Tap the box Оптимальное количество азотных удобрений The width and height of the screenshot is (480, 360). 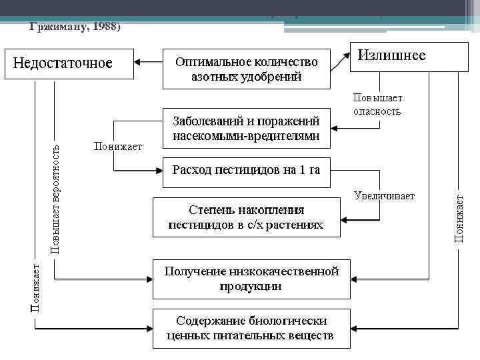(x=247, y=69)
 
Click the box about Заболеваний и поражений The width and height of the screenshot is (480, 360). (x=247, y=129)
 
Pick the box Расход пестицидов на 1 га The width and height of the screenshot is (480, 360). (x=247, y=171)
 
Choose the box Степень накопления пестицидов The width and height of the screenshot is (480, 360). (x=247, y=217)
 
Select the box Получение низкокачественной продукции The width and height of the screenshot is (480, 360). (x=251, y=279)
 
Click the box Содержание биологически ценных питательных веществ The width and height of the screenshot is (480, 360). (x=251, y=328)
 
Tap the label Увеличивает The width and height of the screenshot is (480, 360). (x=384, y=196)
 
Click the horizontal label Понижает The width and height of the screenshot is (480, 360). (x=118, y=147)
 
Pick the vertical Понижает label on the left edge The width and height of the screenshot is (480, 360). (x=35, y=287)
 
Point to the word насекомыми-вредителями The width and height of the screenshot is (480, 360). (x=247, y=137)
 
